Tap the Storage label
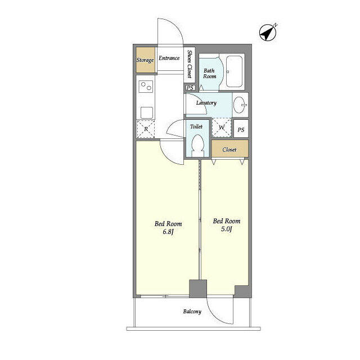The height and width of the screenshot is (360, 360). pos(145,60)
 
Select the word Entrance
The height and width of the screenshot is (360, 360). pos(169,58)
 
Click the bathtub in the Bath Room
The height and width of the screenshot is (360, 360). pos(233,72)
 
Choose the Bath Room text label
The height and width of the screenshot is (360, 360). pos(209,73)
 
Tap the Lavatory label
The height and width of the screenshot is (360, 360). pos(206,103)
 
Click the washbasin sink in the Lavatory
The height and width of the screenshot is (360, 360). pos(240,104)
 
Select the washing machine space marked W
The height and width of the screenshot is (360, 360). pos(222,128)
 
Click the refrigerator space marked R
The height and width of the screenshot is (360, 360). pos(146,129)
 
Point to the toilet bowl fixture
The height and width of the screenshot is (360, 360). pos(197,145)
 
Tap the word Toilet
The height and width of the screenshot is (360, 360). pos(196,127)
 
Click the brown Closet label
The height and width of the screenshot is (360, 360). pos(229,150)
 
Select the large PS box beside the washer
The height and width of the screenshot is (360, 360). pos(241,129)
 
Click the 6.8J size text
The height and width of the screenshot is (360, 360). pos(168,232)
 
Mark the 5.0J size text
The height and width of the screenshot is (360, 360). pos(227,229)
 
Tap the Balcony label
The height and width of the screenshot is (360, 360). pos(192,311)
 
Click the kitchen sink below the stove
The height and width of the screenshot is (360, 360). pos(146,110)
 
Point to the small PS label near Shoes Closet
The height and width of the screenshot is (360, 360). pos(190,88)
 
